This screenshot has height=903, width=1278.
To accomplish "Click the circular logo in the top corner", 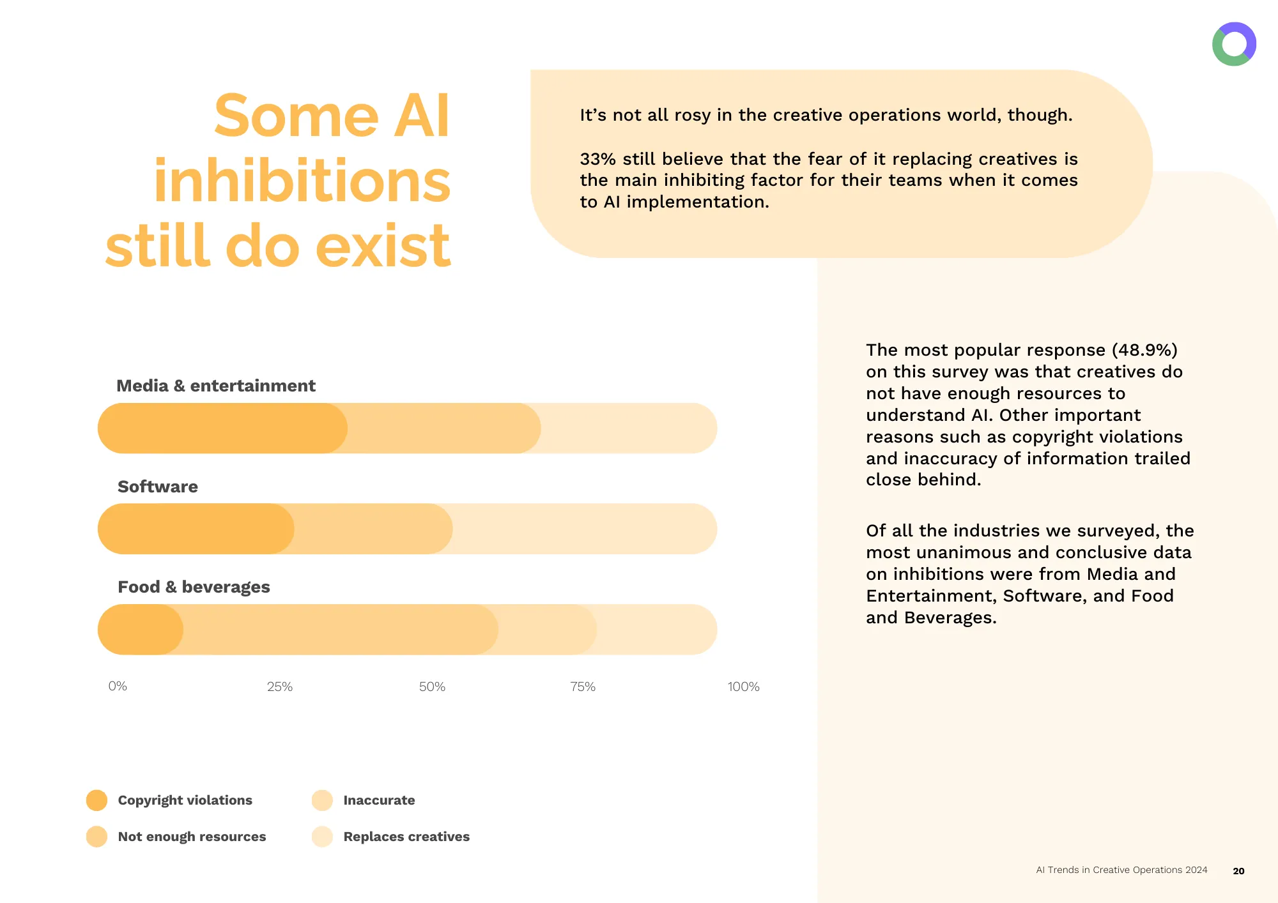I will click(1234, 44).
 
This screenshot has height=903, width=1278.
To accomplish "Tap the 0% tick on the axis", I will click(118, 686).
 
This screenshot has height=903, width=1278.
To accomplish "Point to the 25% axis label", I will click(280, 687).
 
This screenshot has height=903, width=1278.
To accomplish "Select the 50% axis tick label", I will click(432, 687).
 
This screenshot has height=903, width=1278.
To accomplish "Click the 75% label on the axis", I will click(583, 687).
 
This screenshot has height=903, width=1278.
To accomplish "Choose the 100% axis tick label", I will click(743, 687).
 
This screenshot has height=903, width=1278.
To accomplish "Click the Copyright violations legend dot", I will click(96, 800).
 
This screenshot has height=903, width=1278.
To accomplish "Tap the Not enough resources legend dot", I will click(96, 837).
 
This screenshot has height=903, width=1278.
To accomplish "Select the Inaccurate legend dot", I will click(322, 800).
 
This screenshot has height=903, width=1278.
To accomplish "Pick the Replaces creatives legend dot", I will click(322, 837).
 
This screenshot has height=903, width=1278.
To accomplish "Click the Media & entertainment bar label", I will click(216, 386).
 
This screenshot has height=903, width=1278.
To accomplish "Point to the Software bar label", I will click(158, 487).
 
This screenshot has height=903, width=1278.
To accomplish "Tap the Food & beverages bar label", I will click(194, 587).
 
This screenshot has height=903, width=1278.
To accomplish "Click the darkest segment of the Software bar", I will click(196, 529).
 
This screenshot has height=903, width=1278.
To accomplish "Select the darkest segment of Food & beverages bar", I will click(141, 630).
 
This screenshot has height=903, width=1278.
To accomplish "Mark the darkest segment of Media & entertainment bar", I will click(222, 428).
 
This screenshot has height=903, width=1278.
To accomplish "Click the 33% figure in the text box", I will click(597, 159).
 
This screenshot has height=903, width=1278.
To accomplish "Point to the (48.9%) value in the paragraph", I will click(1144, 350).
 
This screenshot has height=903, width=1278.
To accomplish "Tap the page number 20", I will click(1238, 871).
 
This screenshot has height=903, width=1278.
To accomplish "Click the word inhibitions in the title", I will click(302, 181).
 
